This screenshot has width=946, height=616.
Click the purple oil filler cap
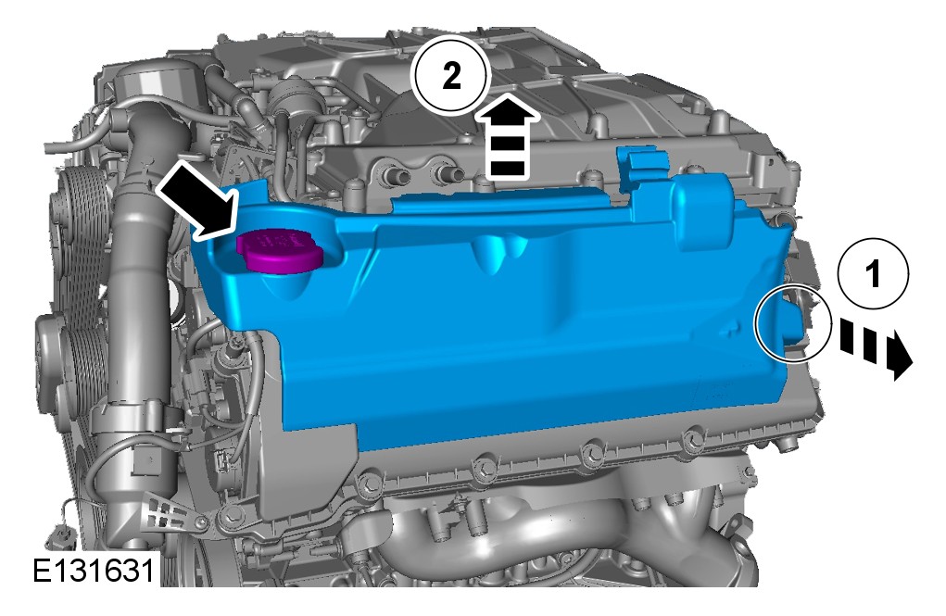[279, 251]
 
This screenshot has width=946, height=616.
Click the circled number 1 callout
[873, 274]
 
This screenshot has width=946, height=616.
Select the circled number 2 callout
[450, 75]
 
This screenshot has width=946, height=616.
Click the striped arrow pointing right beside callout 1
[875, 347]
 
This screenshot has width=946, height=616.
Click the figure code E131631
[94, 571]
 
